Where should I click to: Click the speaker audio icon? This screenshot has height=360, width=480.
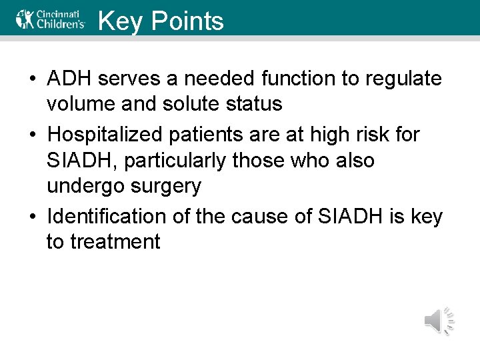pyautogui.click(x=439, y=321)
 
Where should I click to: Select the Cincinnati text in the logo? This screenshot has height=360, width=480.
pyautogui.click(x=61, y=13)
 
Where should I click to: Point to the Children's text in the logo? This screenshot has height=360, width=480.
pyautogui.click(x=61, y=23)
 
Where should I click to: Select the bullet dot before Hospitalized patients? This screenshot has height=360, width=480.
pyautogui.click(x=33, y=135)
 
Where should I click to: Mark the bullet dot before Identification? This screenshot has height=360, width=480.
pyautogui.click(x=33, y=217)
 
